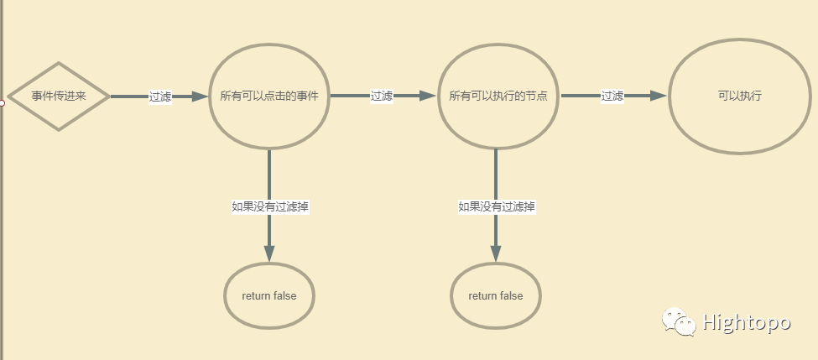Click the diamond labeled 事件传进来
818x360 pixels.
[x=59, y=97]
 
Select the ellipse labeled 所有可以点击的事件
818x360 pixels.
[x=268, y=96]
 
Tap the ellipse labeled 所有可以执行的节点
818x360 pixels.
[x=498, y=96]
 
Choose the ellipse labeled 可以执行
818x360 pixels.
[x=739, y=96]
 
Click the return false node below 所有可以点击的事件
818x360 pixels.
[x=268, y=295]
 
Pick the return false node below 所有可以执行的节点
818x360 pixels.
[x=495, y=295]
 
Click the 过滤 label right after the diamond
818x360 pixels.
[x=159, y=97]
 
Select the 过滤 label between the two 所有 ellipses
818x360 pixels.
[x=382, y=97]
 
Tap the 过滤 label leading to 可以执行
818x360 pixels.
[x=612, y=97]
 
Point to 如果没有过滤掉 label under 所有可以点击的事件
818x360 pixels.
[x=271, y=206]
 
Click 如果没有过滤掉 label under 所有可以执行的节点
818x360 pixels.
[x=497, y=206]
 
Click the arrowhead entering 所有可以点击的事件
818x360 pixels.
[x=200, y=97]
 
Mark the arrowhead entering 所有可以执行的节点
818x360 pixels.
[x=429, y=97]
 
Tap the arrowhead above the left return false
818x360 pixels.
[x=269, y=253]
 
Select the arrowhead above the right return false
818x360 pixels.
[x=495, y=253]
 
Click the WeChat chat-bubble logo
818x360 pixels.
[x=679, y=321]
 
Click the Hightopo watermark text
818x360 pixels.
[x=746, y=322]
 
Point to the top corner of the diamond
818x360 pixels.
[x=59, y=64]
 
